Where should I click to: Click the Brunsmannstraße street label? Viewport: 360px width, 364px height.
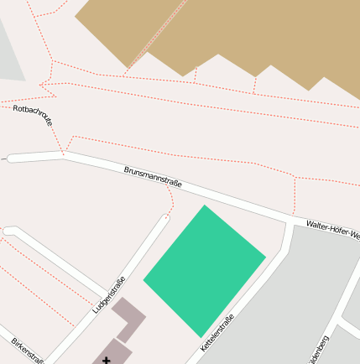tap(153, 177)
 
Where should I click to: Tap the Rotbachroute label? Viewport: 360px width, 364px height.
tap(33, 115)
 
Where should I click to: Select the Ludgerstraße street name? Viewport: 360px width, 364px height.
tap(109, 295)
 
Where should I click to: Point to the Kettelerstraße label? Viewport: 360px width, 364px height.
tap(217, 332)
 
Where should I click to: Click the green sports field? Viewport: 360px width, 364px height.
tap(205, 269)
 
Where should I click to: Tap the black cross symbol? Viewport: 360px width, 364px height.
tap(106, 360)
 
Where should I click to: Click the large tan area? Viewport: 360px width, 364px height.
tap(252, 34)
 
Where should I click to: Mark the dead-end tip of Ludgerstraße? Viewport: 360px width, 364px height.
tap(165, 217)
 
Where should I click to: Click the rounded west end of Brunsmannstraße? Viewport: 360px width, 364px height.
tap(11, 157)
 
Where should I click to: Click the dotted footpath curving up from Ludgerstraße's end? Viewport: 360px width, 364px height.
tap(172, 200)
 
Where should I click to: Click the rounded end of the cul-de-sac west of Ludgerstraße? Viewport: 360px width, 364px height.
tap(9, 231)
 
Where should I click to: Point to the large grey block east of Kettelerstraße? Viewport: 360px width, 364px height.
tap(277, 310)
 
